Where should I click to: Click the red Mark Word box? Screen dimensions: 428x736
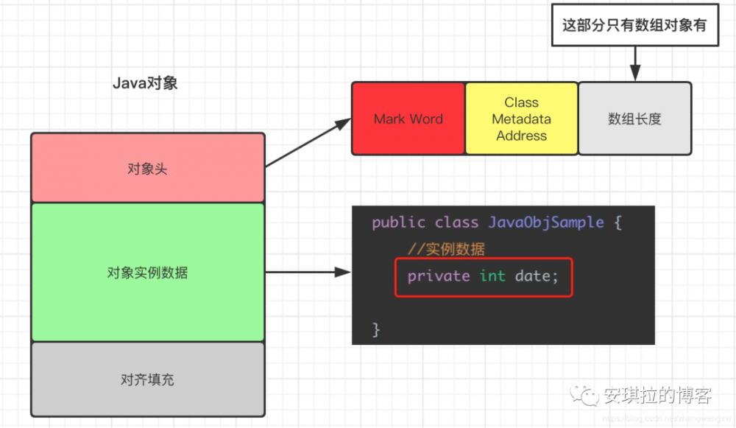coord(408,119)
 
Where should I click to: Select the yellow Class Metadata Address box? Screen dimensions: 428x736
coord(521,119)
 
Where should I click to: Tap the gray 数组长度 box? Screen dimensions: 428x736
coord(634,119)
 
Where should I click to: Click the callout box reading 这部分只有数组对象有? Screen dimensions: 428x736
coord(634,25)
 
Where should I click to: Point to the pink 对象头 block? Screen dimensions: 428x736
coord(147,168)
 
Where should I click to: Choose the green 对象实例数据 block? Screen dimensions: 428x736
coord(147,273)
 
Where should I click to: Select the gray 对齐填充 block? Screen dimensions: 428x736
coord(147,380)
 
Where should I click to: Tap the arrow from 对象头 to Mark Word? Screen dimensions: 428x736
coord(305,143)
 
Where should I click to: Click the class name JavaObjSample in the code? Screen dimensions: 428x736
coord(546,222)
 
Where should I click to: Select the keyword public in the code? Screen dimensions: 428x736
coord(398,222)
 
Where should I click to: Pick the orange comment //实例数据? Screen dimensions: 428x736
coord(447,249)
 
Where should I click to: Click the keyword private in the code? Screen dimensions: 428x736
coord(439,276)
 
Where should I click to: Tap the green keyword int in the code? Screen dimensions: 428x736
coord(492,276)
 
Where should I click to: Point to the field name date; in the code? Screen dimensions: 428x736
coord(537,276)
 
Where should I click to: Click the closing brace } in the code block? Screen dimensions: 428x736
coord(376,329)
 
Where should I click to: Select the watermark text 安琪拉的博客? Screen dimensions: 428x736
coord(657,396)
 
